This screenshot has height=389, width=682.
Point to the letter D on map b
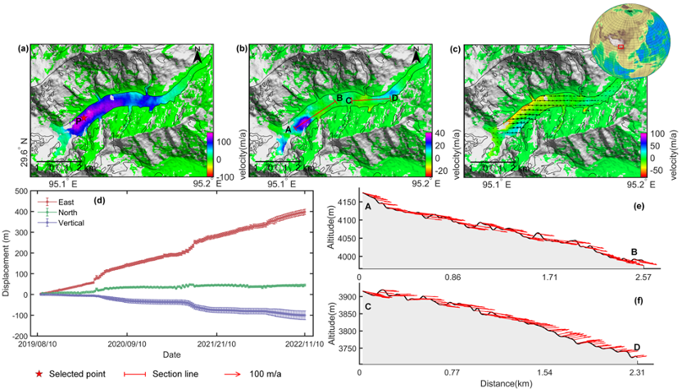(395, 99)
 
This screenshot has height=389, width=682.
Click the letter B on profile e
(634, 252)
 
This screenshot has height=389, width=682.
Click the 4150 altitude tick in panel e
(344, 201)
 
